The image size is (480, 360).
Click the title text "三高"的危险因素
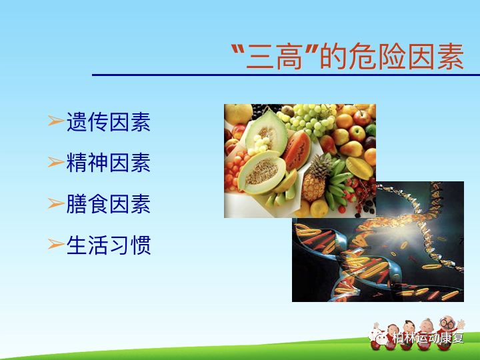[x=347, y=57]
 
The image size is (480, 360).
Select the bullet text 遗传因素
[x=108, y=122]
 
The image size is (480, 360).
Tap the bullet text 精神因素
[x=108, y=163]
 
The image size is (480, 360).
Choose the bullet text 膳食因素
[x=108, y=204]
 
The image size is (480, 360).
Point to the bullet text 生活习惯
[x=108, y=245]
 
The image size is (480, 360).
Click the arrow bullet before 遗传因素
[x=55, y=122]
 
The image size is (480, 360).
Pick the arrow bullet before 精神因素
[x=55, y=163]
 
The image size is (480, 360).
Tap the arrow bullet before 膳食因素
[x=55, y=204]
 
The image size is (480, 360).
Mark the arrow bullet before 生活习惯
[x=55, y=245]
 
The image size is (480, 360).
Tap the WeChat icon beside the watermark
[x=381, y=338]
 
